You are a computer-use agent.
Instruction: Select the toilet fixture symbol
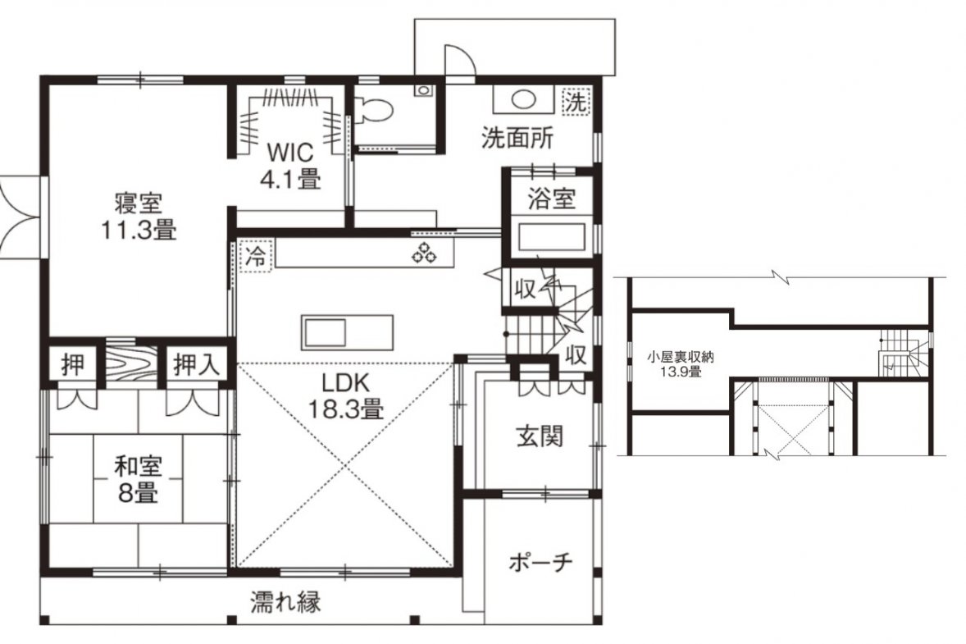coord(374,108)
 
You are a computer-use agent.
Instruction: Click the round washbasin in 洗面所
coord(524,99)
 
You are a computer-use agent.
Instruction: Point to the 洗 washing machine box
coord(576,101)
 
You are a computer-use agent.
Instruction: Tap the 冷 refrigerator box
coord(254,255)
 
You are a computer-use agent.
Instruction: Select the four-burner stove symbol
coord(425,252)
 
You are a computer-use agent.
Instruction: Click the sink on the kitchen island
coord(323,334)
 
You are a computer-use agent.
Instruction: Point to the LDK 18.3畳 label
coord(345,395)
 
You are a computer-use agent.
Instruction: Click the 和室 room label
coord(138,467)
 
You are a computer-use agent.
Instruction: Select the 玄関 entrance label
coord(540,437)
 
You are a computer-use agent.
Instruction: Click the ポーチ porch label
coord(541,562)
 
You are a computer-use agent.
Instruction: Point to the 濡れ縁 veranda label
coord(286,601)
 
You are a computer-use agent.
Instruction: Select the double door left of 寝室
coord(21,217)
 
